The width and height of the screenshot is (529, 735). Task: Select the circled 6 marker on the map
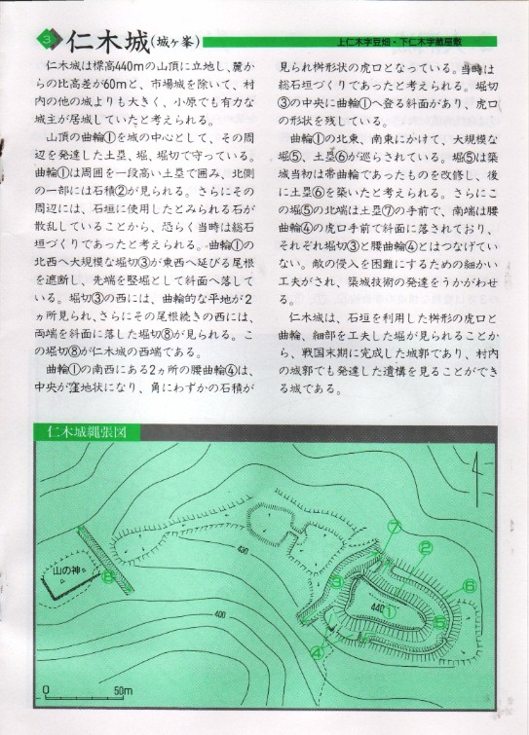click(470, 585)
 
